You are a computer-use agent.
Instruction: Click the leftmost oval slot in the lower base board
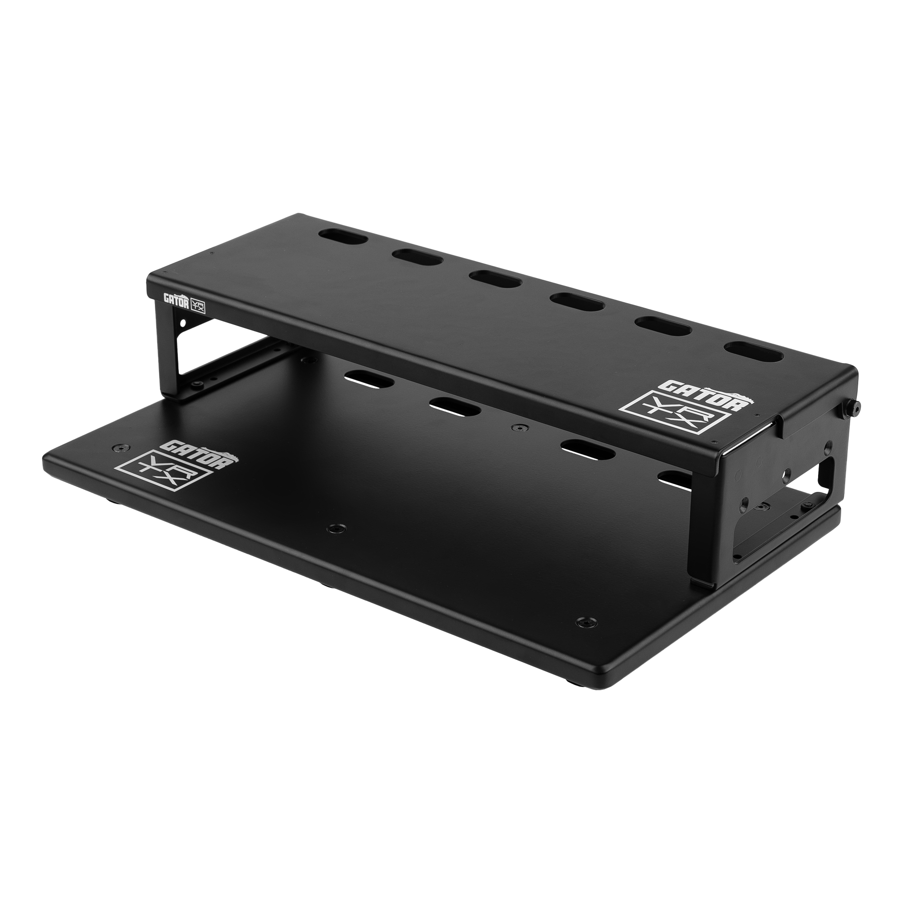pos(368,378)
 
